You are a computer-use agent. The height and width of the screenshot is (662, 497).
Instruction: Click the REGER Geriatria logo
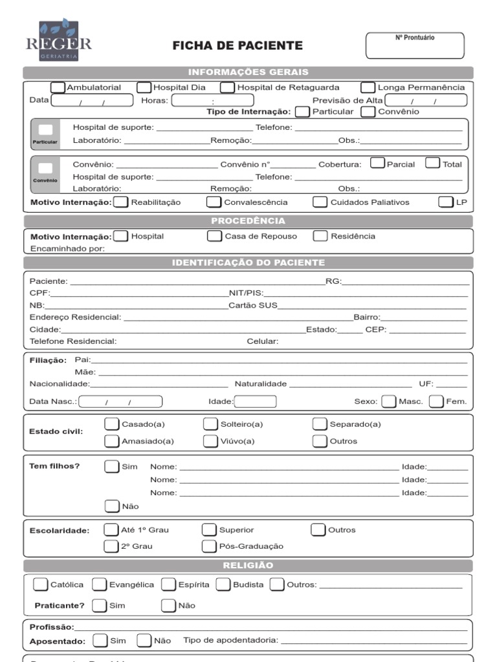click(58, 40)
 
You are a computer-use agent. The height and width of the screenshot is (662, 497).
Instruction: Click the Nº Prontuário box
click(415, 45)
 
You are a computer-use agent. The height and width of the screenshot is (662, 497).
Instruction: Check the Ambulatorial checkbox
click(58, 87)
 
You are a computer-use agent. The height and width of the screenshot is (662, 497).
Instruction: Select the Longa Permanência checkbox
click(368, 87)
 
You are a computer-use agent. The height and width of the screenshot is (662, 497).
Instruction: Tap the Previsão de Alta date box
click(425, 100)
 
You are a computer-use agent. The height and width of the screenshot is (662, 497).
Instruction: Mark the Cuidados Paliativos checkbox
click(320, 202)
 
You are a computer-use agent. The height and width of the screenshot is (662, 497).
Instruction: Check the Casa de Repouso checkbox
click(214, 236)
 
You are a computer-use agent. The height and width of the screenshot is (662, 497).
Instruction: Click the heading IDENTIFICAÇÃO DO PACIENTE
click(248, 262)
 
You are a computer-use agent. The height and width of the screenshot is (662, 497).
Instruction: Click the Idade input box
click(255, 401)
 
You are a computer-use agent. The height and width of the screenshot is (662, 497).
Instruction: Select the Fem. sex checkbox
click(437, 401)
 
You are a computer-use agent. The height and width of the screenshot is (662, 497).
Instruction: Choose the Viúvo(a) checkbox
click(210, 441)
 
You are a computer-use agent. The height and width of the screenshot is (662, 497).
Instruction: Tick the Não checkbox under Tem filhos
click(112, 506)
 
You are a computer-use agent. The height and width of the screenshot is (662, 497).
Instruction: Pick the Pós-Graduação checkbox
click(209, 546)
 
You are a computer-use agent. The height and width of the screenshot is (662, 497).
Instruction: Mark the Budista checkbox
click(223, 584)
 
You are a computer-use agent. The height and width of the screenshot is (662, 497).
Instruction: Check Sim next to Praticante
click(99, 606)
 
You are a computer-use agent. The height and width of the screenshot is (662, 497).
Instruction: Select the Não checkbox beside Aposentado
click(144, 641)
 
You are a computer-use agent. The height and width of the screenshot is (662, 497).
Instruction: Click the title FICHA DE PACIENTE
click(237, 46)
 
